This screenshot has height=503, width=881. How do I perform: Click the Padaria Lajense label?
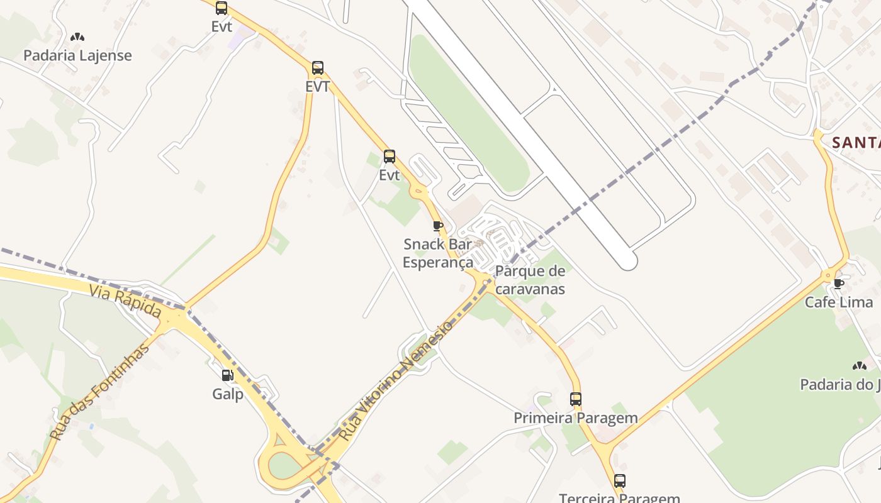point(77,55)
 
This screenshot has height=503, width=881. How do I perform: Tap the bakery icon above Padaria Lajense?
point(77,38)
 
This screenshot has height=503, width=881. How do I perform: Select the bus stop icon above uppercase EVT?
point(318,68)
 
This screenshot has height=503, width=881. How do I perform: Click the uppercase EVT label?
point(318,87)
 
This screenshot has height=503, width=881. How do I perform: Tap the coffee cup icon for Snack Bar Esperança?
point(438,226)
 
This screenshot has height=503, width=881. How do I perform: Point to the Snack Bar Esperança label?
point(437,253)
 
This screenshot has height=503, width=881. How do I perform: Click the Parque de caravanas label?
point(530,280)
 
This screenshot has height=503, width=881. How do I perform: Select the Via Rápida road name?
point(125,302)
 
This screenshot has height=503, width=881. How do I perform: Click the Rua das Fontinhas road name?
point(100,391)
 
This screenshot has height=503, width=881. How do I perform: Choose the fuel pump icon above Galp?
point(227,375)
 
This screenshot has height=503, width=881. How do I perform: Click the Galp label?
point(228,394)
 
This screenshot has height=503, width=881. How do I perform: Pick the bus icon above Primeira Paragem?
point(576,399)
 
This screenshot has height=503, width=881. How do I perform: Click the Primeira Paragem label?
point(576,418)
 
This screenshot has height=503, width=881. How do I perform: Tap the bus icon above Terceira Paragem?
point(620,481)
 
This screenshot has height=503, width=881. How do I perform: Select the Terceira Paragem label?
point(620,498)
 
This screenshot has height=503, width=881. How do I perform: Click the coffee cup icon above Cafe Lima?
point(838,284)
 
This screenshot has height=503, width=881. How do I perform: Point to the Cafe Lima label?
point(839,302)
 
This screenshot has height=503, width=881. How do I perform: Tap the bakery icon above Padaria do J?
point(860,365)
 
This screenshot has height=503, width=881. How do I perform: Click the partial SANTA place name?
point(856,143)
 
